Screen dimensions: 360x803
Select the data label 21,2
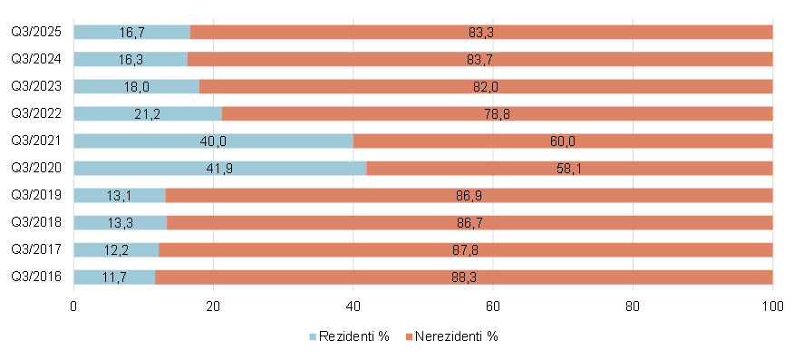pos(148,113)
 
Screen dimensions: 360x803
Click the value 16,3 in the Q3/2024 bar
pos(131,59)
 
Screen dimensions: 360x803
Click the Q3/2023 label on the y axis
pos(36,86)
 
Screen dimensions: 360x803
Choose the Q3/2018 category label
pos(36,222)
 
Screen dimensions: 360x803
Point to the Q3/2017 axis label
pos(36,249)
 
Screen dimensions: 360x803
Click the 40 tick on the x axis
pos(353,306)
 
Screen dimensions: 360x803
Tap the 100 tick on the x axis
pos(772,306)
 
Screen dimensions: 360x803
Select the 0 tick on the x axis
pos(73,306)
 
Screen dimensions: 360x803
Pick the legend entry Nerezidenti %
pos(457,336)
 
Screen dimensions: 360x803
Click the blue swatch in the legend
pos(314,336)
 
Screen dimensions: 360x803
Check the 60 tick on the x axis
pos(493,306)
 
